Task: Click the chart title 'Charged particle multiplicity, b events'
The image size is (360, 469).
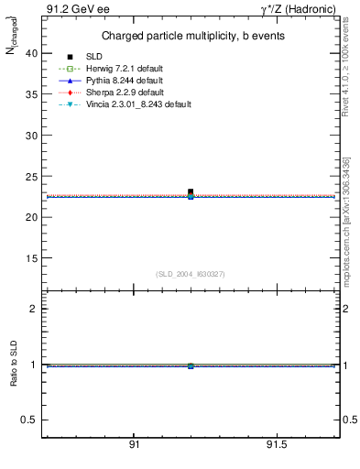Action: pyautogui.click(x=191, y=36)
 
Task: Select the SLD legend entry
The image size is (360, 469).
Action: pyautogui.click(x=95, y=58)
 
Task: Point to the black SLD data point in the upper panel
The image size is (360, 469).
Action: pyautogui.click(x=191, y=191)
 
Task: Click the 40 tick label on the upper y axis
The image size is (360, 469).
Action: pyautogui.click(x=32, y=53)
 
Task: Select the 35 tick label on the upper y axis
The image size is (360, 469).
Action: pyautogui.click(x=32, y=94)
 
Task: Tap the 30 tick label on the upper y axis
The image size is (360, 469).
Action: pyautogui.click(x=32, y=136)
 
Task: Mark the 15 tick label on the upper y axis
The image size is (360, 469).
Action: pyautogui.click(x=32, y=258)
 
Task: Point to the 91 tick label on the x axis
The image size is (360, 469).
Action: pyautogui.click(x=134, y=445)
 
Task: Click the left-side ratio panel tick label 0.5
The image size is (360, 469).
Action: pyautogui.click(x=30, y=420)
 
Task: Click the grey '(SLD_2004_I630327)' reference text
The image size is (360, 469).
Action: pyautogui.click(x=191, y=274)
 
